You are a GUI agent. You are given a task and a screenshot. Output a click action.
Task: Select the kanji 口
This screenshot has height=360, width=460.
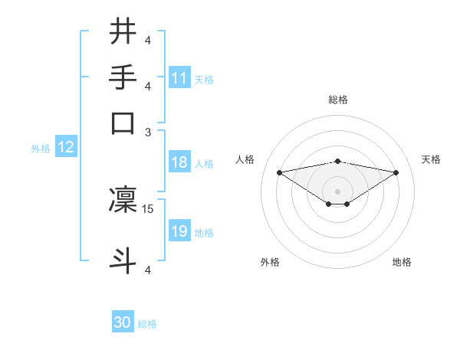point(123,123)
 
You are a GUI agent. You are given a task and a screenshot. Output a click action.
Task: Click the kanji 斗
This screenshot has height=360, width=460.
point(123,260)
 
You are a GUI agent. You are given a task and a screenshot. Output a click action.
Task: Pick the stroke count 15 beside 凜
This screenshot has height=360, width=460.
point(149,208)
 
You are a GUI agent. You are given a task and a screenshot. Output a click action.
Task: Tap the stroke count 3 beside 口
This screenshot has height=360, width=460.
point(149,132)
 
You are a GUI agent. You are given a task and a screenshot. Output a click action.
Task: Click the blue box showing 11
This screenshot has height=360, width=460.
point(179,77)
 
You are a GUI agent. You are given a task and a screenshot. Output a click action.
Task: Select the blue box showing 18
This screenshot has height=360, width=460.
point(179,162)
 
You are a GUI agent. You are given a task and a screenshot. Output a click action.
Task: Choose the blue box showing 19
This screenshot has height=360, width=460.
point(179,231)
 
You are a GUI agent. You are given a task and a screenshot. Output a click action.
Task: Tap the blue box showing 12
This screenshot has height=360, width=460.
point(66,147)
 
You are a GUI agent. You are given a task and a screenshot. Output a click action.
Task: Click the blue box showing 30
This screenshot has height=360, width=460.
point(123,322)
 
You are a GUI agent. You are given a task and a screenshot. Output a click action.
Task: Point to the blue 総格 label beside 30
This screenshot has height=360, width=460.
point(147,324)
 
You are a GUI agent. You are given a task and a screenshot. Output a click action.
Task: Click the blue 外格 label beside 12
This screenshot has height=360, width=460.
point(41,148)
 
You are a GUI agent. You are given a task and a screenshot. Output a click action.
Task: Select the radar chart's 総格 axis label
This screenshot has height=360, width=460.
point(337,100)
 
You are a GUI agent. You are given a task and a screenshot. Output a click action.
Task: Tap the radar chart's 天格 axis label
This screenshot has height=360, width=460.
point(432,159)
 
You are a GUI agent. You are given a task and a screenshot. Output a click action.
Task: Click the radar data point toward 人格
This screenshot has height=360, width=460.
point(279,172)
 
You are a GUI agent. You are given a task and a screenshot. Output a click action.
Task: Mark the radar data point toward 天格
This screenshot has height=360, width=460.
point(396,172)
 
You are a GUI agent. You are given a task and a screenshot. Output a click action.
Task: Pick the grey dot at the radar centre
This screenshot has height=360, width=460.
point(337,191)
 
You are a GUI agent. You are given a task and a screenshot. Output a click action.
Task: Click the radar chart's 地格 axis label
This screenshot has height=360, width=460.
point(402,262)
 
